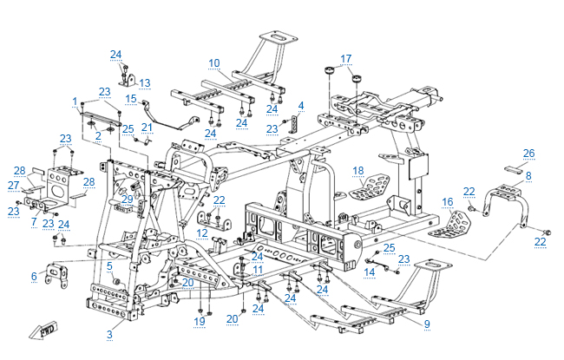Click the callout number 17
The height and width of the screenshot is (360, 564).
click(x=346, y=59)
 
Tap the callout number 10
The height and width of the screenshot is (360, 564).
click(x=214, y=62)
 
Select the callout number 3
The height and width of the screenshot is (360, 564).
click(x=109, y=334)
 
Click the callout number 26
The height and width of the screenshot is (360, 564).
click(x=528, y=154)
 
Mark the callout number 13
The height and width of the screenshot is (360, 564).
click(x=144, y=83)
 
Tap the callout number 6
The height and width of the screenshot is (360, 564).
click(x=34, y=276)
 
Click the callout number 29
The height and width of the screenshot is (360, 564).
click(x=127, y=200)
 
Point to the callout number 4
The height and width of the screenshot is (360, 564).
click(x=301, y=106)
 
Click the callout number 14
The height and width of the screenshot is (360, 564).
click(x=370, y=272)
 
